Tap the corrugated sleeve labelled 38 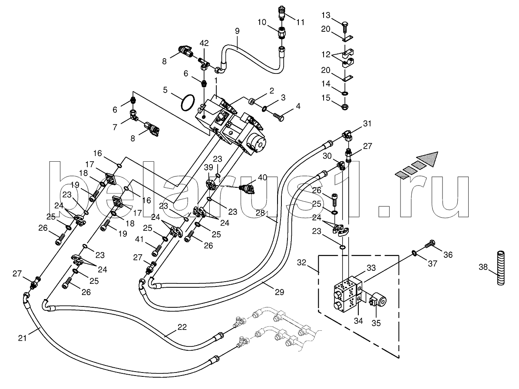500,267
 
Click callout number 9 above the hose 237,31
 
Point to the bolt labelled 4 278,116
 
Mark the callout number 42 204,43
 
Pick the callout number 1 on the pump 216,81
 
